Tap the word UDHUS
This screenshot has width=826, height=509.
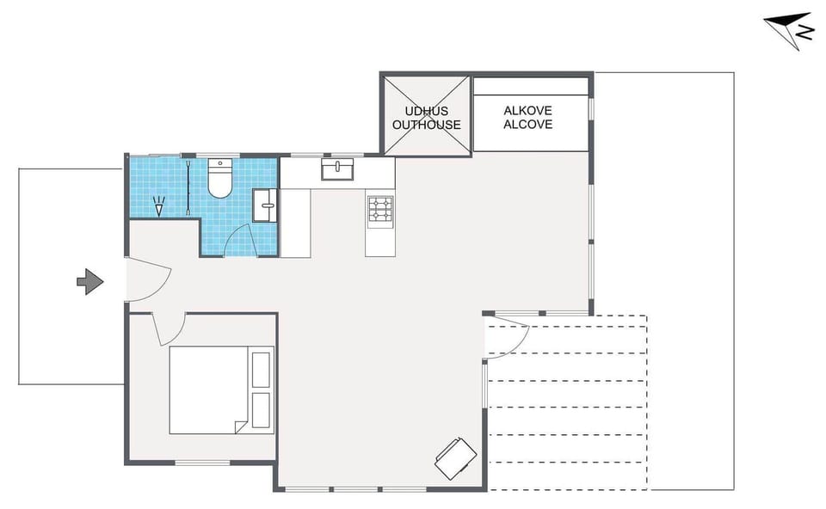426,111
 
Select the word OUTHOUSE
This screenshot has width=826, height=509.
426,125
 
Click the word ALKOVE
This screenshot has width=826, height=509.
527,111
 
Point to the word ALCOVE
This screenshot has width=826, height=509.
527,125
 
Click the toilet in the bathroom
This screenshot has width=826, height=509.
221,178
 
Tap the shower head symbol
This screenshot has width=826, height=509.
157,206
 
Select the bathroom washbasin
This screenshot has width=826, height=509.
265,205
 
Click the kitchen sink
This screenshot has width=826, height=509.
338,169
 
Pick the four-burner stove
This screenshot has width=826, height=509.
380,209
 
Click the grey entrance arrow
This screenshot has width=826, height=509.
89,281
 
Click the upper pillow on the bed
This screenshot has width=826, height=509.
260,369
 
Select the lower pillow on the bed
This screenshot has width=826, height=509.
260,411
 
